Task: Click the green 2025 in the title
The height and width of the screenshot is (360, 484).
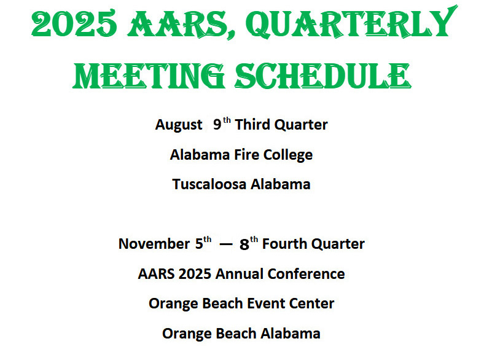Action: [x=74, y=23]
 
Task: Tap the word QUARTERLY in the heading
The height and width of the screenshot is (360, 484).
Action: [x=351, y=23]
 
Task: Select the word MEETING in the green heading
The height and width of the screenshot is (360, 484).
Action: [x=149, y=76]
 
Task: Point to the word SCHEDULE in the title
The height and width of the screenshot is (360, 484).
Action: [x=323, y=76]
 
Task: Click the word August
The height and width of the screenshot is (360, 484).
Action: [x=179, y=125]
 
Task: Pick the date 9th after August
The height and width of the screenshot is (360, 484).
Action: [x=222, y=123]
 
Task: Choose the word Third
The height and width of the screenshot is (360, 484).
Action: [x=252, y=125]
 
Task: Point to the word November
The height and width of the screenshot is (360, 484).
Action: [x=154, y=244]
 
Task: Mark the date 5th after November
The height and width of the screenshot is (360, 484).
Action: [x=203, y=243]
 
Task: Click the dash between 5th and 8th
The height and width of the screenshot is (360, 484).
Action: [x=225, y=245]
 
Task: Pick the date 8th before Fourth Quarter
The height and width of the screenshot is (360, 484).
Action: [x=249, y=243]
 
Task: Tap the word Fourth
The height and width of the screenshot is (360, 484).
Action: [x=284, y=244]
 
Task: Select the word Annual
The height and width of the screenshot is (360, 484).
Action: [x=239, y=274]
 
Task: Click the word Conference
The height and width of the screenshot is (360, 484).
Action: [x=306, y=274]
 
